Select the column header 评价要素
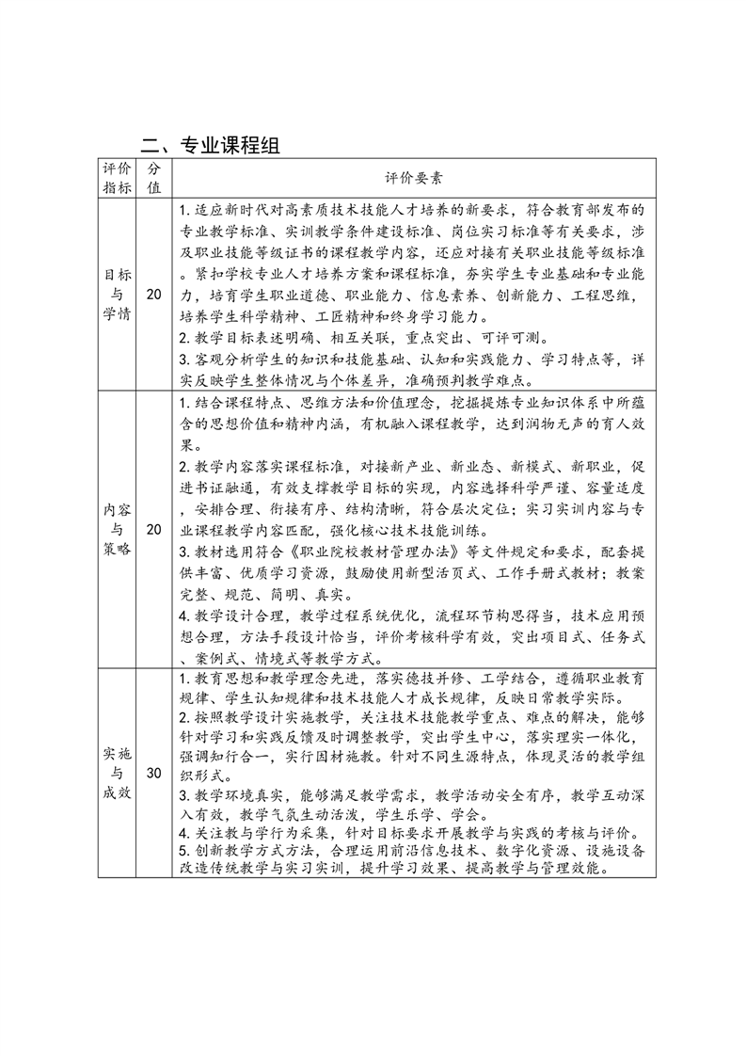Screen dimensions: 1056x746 pyautogui.click(x=414, y=177)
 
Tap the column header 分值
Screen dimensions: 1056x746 pyautogui.click(x=154, y=177)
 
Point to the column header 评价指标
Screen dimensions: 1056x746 pyautogui.click(x=118, y=177)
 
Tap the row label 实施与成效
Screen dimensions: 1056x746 pyautogui.click(x=118, y=774)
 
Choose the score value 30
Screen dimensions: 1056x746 pyautogui.click(x=154, y=774)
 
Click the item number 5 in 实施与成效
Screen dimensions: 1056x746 pyautogui.click(x=182, y=851)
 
